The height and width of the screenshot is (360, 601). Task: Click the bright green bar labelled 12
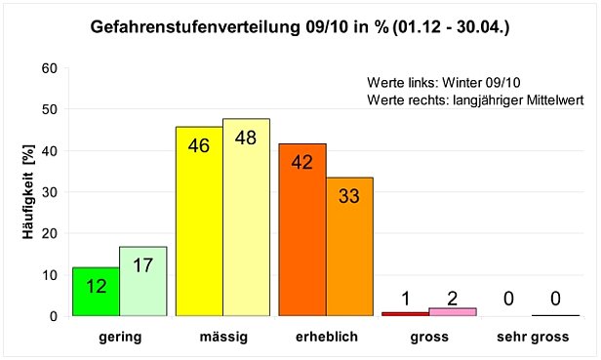96,292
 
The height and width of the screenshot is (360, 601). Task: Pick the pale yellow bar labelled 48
246,218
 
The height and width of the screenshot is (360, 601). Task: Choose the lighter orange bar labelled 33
349,247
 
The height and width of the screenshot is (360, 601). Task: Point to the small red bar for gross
405,313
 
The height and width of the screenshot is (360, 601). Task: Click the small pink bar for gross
452,311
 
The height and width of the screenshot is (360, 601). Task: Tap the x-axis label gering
120,337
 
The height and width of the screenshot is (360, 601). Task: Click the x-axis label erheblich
326,337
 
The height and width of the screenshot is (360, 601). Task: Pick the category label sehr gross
533,337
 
